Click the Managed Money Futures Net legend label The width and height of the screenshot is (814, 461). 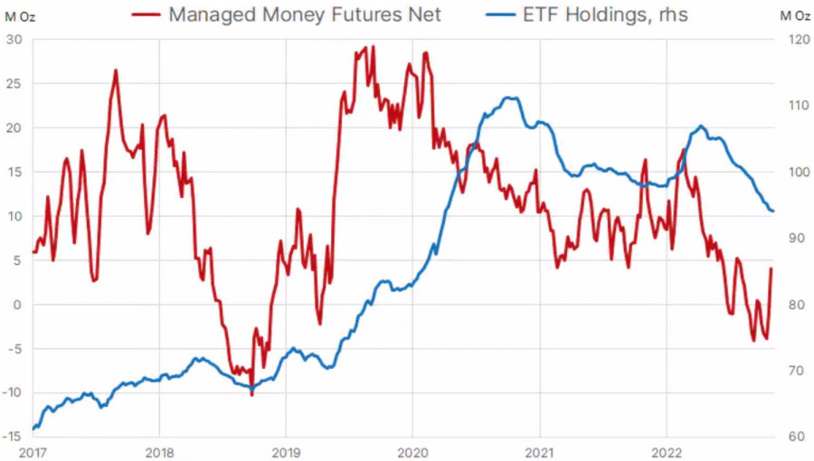(x=305, y=14)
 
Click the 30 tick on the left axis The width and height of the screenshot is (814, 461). (x=14, y=40)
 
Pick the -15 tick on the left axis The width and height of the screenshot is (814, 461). (x=12, y=437)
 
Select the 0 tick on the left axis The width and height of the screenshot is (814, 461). (x=16, y=305)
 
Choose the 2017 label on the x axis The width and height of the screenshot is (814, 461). (x=33, y=450)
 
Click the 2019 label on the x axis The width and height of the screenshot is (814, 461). (x=286, y=450)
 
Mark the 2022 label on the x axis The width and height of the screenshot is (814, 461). (x=667, y=450)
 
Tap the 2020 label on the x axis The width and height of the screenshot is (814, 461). (x=412, y=450)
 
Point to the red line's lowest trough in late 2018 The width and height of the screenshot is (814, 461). (x=251, y=395)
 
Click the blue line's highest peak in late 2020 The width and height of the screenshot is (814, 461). (x=512, y=98)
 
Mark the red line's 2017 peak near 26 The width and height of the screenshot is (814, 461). (x=116, y=70)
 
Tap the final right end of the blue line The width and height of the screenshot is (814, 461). (x=773, y=211)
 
